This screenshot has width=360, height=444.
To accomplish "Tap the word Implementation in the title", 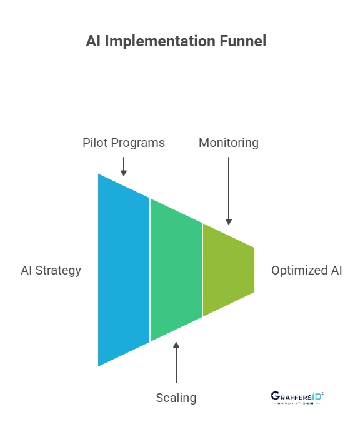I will (x=155, y=41).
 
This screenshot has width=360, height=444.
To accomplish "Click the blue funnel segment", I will (x=124, y=270).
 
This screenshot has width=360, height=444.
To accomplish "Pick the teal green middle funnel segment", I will (x=176, y=270).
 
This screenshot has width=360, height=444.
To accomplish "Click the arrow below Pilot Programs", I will (x=124, y=166).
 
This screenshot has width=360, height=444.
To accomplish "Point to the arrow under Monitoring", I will (x=229, y=191).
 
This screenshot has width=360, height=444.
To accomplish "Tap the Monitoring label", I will (x=229, y=143).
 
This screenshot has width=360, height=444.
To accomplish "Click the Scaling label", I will (x=176, y=398).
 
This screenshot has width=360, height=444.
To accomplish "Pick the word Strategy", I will (x=59, y=270).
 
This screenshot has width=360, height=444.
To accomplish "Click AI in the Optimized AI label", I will (x=336, y=270).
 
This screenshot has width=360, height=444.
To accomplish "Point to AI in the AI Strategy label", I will (x=27, y=270).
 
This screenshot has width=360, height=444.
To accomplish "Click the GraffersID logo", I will (x=297, y=398).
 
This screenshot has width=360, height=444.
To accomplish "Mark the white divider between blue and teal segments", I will (x=150, y=270).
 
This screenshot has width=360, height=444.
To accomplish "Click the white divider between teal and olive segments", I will (x=202, y=270).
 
